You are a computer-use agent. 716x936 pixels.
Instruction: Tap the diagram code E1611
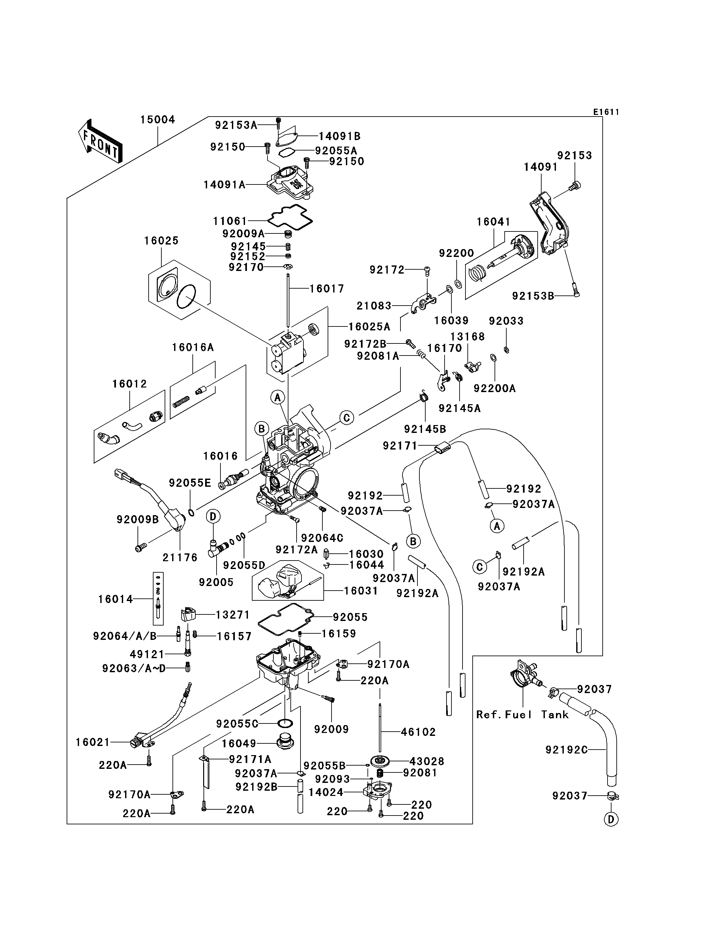[x=606, y=112]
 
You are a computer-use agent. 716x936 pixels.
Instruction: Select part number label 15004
[x=158, y=120]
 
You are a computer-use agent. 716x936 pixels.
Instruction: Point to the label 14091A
[x=224, y=184]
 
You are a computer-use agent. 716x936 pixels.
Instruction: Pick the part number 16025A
[x=369, y=327]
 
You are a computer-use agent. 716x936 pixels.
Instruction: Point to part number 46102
[x=418, y=732]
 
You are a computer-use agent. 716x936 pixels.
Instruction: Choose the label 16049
[x=239, y=743]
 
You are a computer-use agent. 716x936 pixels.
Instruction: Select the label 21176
[x=180, y=557]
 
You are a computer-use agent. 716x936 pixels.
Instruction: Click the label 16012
[x=130, y=384]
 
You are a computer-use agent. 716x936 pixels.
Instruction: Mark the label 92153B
[x=533, y=296]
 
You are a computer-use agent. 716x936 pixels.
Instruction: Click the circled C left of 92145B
[x=347, y=418]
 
